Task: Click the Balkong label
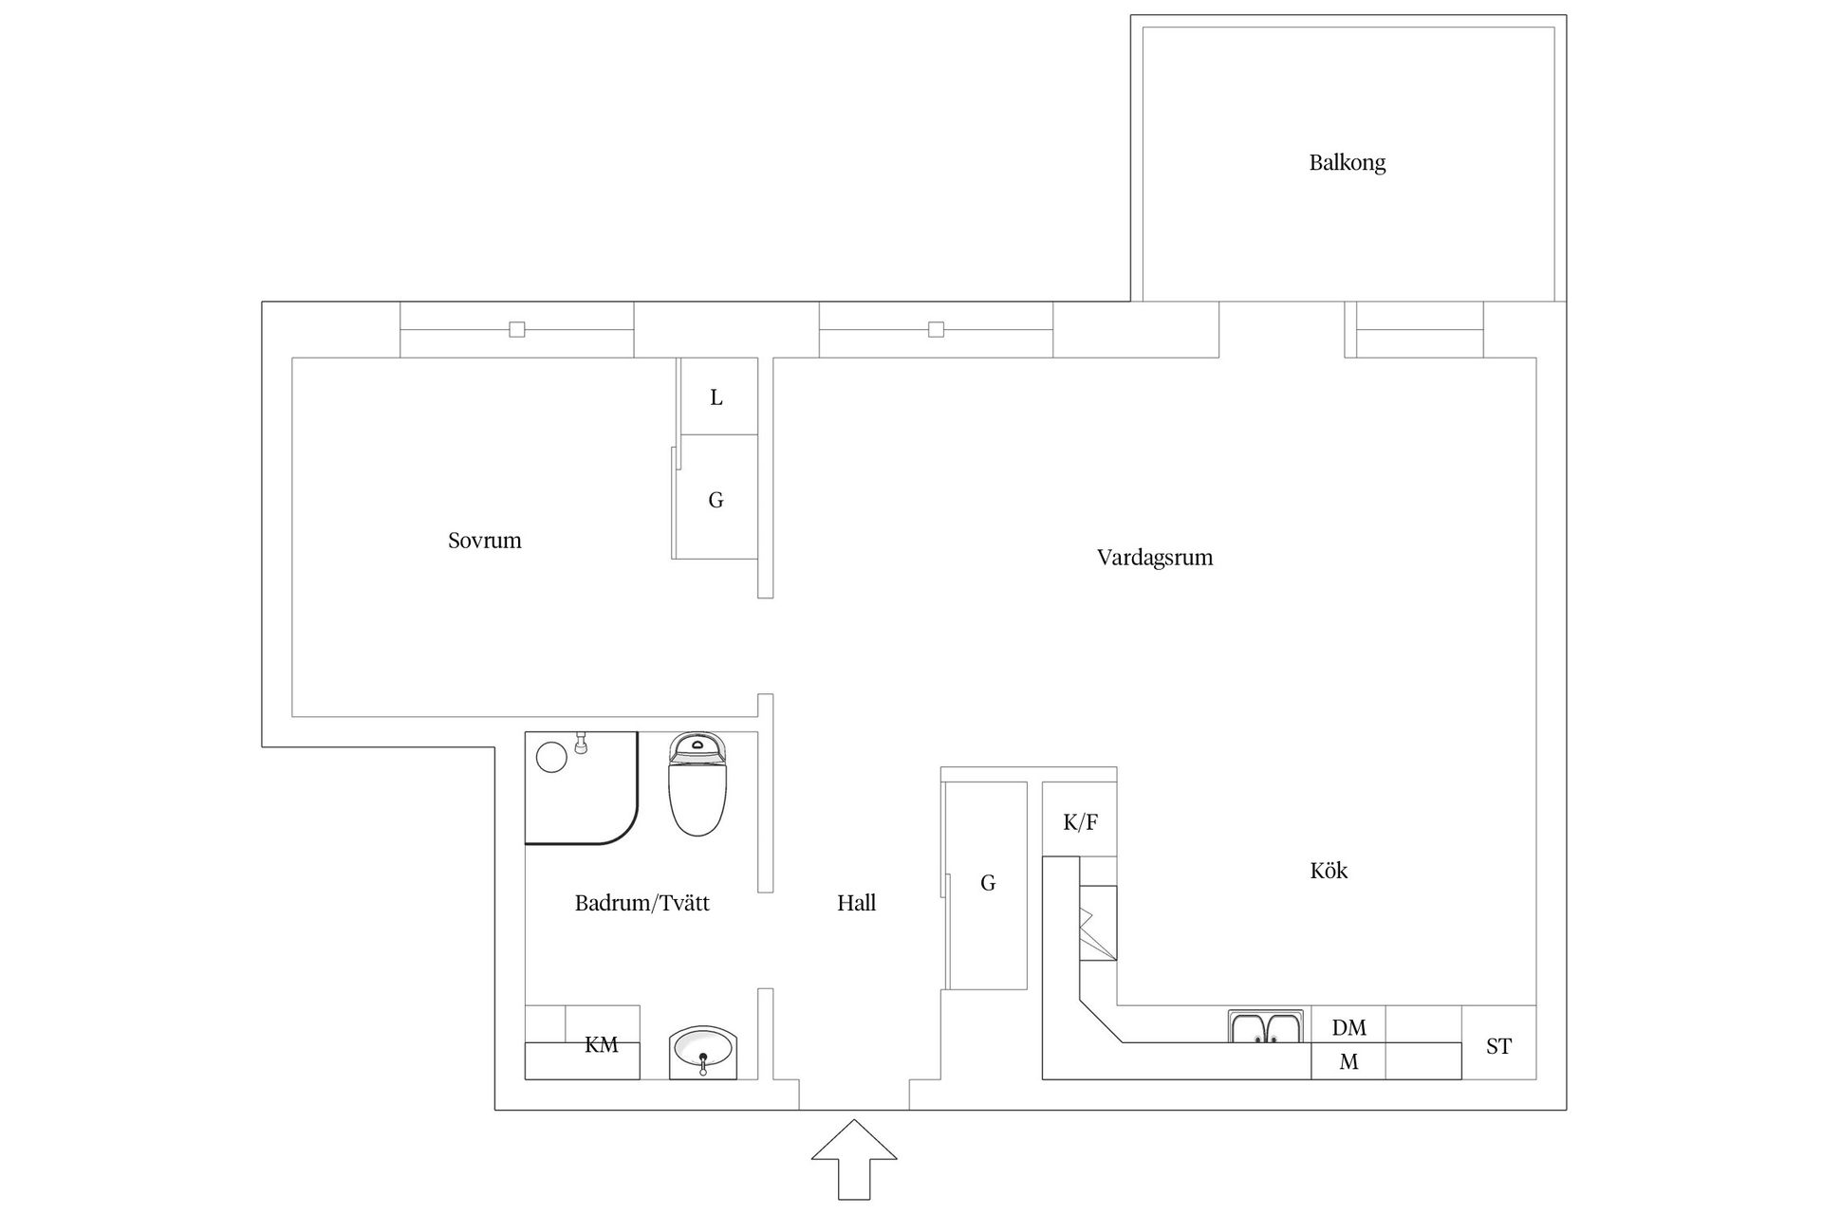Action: pyautogui.click(x=1347, y=163)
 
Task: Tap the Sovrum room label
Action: pyautogui.click(x=484, y=541)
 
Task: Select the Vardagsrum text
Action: pyautogui.click(x=1154, y=558)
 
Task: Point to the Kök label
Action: pyautogui.click(x=1328, y=871)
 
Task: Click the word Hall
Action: pyautogui.click(x=856, y=903)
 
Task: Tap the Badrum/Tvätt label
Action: pyautogui.click(x=641, y=903)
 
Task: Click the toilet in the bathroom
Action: pyautogui.click(x=697, y=785)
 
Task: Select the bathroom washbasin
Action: pyautogui.click(x=702, y=1052)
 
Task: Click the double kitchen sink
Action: pyautogui.click(x=1267, y=1027)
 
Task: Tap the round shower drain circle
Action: pyautogui.click(x=551, y=757)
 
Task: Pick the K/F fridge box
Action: pyautogui.click(x=1080, y=822)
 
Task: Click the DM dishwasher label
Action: pyautogui.click(x=1348, y=1027)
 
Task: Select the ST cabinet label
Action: pyautogui.click(x=1498, y=1046)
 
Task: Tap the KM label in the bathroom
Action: pyautogui.click(x=601, y=1045)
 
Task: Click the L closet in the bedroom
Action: pyautogui.click(x=716, y=397)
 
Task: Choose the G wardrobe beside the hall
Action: pyautogui.click(x=987, y=884)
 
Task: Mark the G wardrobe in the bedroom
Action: pyautogui.click(x=716, y=500)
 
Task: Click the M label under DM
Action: pyautogui.click(x=1348, y=1062)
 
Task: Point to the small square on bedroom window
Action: pyautogui.click(x=517, y=329)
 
